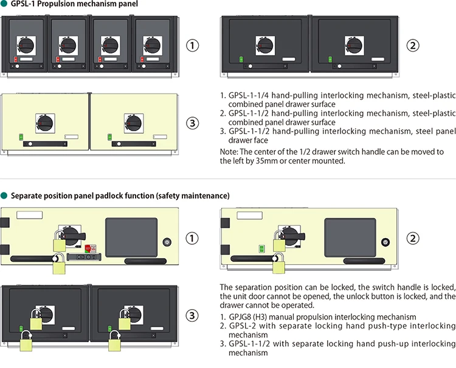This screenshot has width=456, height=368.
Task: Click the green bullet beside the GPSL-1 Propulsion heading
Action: click(4, 4)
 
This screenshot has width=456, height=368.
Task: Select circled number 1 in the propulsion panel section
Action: click(192, 46)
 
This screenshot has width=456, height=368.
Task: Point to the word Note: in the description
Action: click(229, 152)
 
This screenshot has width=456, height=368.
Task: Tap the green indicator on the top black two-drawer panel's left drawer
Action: click(241, 59)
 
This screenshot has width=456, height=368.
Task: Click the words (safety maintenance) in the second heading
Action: click(192, 196)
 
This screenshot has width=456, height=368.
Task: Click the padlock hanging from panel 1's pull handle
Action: click(60, 265)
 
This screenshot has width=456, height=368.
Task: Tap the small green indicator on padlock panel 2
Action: click(260, 248)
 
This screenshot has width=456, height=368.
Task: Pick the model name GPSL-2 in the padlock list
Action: click(241, 326)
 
